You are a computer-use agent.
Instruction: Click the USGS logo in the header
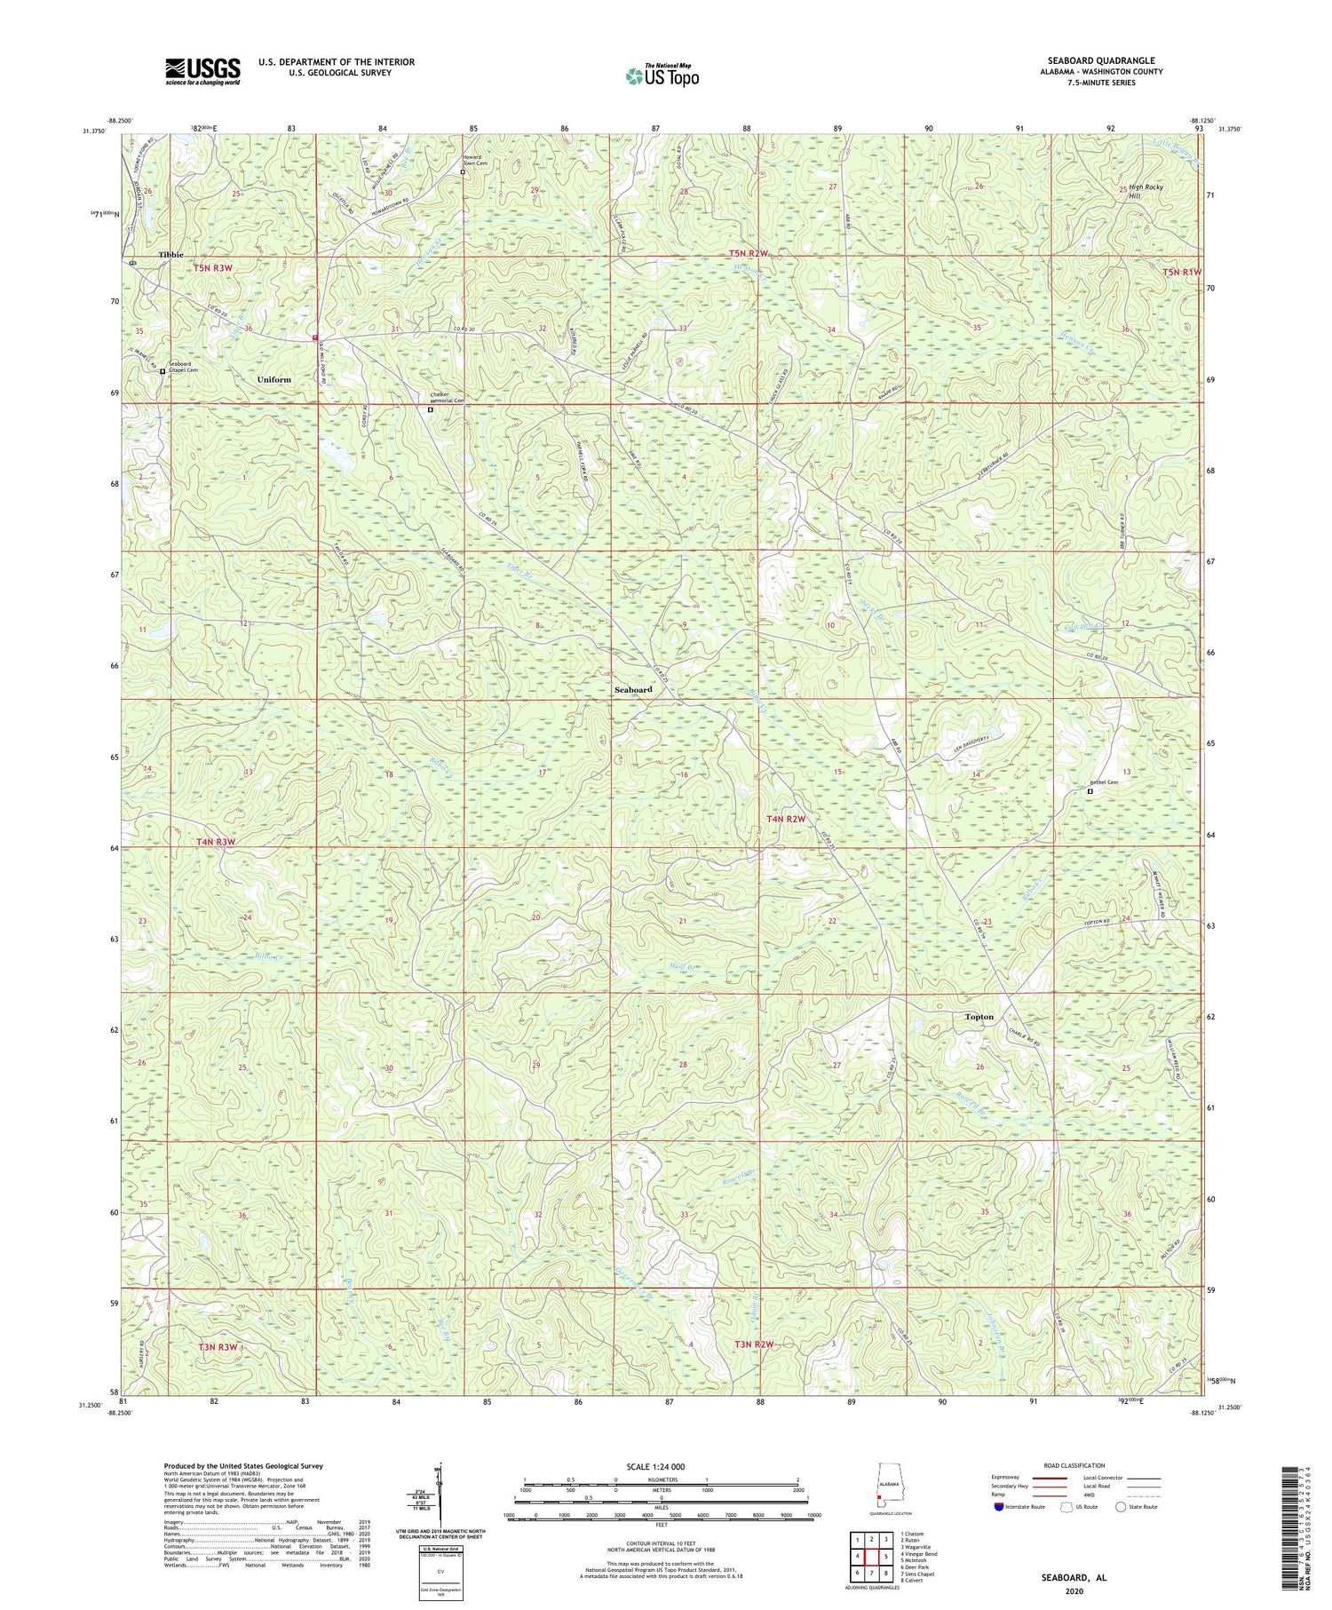pos(202,71)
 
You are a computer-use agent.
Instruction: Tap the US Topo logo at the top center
pos(662,75)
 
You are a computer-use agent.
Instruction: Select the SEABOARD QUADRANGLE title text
pos(1090,60)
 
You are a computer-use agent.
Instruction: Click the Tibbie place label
pos(171,255)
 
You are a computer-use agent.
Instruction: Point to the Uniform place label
pos(274,379)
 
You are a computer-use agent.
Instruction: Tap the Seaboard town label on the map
pos(633,689)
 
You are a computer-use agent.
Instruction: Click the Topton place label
pos(979,1017)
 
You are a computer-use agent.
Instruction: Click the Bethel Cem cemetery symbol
pos(1090,791)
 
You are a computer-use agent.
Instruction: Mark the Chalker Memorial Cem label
pos(448,397)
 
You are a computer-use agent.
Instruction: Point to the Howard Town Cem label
pos(475,161)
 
